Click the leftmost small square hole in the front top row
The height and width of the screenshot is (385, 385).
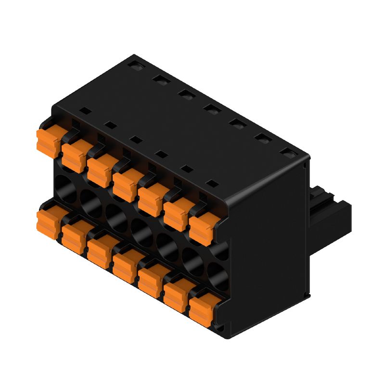tap(85, 110)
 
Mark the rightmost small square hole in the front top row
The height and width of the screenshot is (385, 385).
tap(211, 183)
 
